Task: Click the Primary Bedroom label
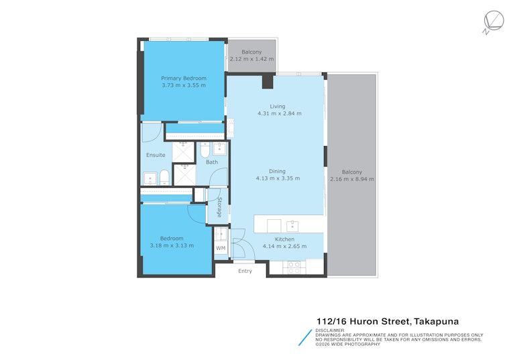point(184,78)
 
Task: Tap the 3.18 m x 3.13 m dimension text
point(172,245)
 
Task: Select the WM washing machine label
point(221,248)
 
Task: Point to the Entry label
point(245,271)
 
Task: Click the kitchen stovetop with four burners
point(294,267)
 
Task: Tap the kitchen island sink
point(292,226)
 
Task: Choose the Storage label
point(219,207)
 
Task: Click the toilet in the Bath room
point(205,149)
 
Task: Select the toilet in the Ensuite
point(164,178)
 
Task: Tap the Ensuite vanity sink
point(150,179)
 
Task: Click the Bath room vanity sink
point(219,149)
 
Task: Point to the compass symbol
point(494,21)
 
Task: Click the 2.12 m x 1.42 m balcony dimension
point(251,59)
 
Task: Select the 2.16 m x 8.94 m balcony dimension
point(352,179)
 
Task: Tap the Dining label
point(277,172)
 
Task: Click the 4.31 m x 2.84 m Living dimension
point(279,114)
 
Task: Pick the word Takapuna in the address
point(436,322)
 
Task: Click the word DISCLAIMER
point(330,331)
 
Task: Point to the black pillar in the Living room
point(268,82)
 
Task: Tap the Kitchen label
point(285,239)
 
